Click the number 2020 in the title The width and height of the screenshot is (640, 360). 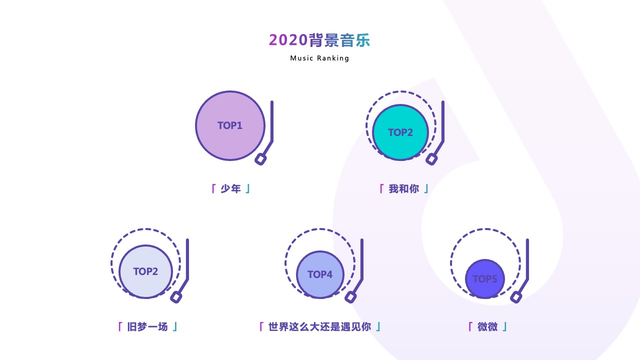288,40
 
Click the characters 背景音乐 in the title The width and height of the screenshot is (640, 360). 339,40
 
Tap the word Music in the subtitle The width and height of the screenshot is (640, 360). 301,58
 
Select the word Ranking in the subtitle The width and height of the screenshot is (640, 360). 333,58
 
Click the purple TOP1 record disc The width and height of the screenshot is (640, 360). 230,125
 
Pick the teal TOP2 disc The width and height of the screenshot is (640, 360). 400,132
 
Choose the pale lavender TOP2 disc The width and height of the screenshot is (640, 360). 145,271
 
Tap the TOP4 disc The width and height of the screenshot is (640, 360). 320,274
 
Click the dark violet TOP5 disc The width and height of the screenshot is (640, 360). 485,279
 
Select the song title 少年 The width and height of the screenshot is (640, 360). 230,189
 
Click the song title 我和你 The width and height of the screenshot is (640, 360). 403,189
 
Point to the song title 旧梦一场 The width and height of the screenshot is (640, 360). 147,326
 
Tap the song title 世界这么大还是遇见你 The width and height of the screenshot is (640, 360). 319,326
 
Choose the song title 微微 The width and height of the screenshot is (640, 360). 487,326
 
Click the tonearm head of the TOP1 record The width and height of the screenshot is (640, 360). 260,159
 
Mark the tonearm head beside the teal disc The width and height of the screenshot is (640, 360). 431,159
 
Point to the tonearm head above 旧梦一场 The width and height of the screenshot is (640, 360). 176,297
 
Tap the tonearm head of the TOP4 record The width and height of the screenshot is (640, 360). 350,297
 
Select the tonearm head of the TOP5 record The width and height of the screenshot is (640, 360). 516,297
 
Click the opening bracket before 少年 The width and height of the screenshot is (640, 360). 213,189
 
